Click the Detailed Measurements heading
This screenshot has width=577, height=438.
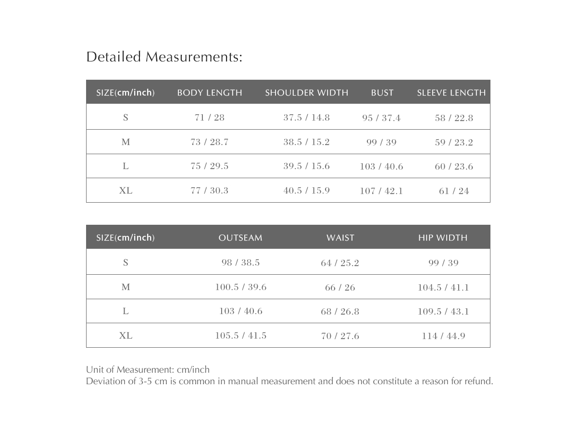pos(164,57)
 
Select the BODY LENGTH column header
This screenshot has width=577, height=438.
pos(210,93)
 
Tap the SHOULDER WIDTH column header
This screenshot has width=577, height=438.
pos(306,93)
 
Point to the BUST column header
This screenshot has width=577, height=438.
pos(382,93)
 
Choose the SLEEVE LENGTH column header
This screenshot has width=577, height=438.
pos(451,93)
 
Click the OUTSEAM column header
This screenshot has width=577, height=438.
pos(240,238)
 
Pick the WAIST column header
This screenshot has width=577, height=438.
pos(340,238)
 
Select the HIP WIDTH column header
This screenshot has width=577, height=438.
pos(442,238)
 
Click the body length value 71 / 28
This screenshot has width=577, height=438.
pos(210,118)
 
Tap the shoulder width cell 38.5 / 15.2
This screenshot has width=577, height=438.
pos(306,142)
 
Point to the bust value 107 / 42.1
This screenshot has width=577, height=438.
pos(381,191)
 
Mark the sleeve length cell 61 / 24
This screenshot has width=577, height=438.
pos(454,191)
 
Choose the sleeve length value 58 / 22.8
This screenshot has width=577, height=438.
pos(454,118)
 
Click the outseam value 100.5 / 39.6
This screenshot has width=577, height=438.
pos(240,287)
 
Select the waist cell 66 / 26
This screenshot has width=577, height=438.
pos(340,288)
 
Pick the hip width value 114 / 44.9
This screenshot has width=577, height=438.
pos(443,336)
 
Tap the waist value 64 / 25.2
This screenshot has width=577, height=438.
pos(340,263)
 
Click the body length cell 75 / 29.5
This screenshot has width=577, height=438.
pos(210,166)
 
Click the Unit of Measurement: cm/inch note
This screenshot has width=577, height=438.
pos(148,370)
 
